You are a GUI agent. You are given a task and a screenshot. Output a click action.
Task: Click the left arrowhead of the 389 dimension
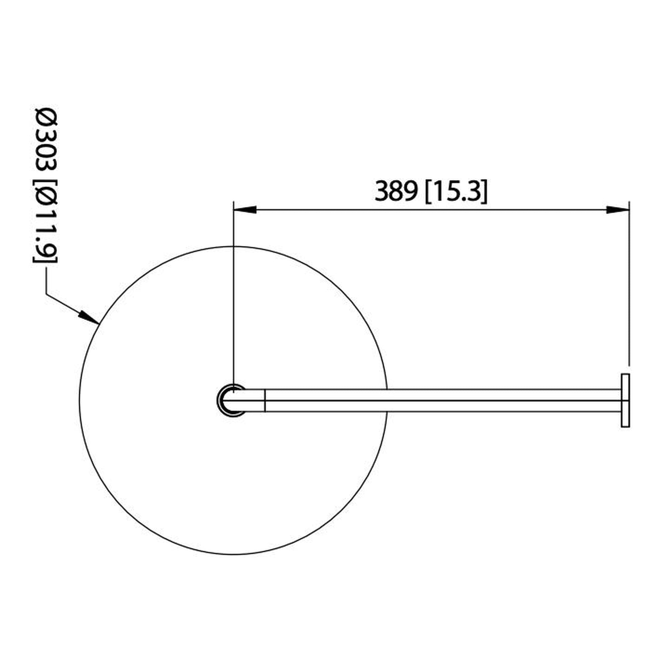[245, 210]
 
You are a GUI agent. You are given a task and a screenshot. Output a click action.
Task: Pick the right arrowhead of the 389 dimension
[618, 210]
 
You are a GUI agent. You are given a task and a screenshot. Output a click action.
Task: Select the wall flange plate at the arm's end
[625, 400]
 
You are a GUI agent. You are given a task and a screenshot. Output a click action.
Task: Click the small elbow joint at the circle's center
[231, 400]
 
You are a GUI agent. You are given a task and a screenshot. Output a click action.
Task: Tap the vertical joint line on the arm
[265, 400]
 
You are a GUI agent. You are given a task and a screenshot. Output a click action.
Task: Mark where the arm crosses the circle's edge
[387, 400]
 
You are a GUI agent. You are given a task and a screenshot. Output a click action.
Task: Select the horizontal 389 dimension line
[431, 210]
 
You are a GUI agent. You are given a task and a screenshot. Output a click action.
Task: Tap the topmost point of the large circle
[233, 247]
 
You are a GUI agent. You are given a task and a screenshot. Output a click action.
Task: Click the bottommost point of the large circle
[233, 554]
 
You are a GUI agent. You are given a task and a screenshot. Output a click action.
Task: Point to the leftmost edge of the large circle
[80, 400]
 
